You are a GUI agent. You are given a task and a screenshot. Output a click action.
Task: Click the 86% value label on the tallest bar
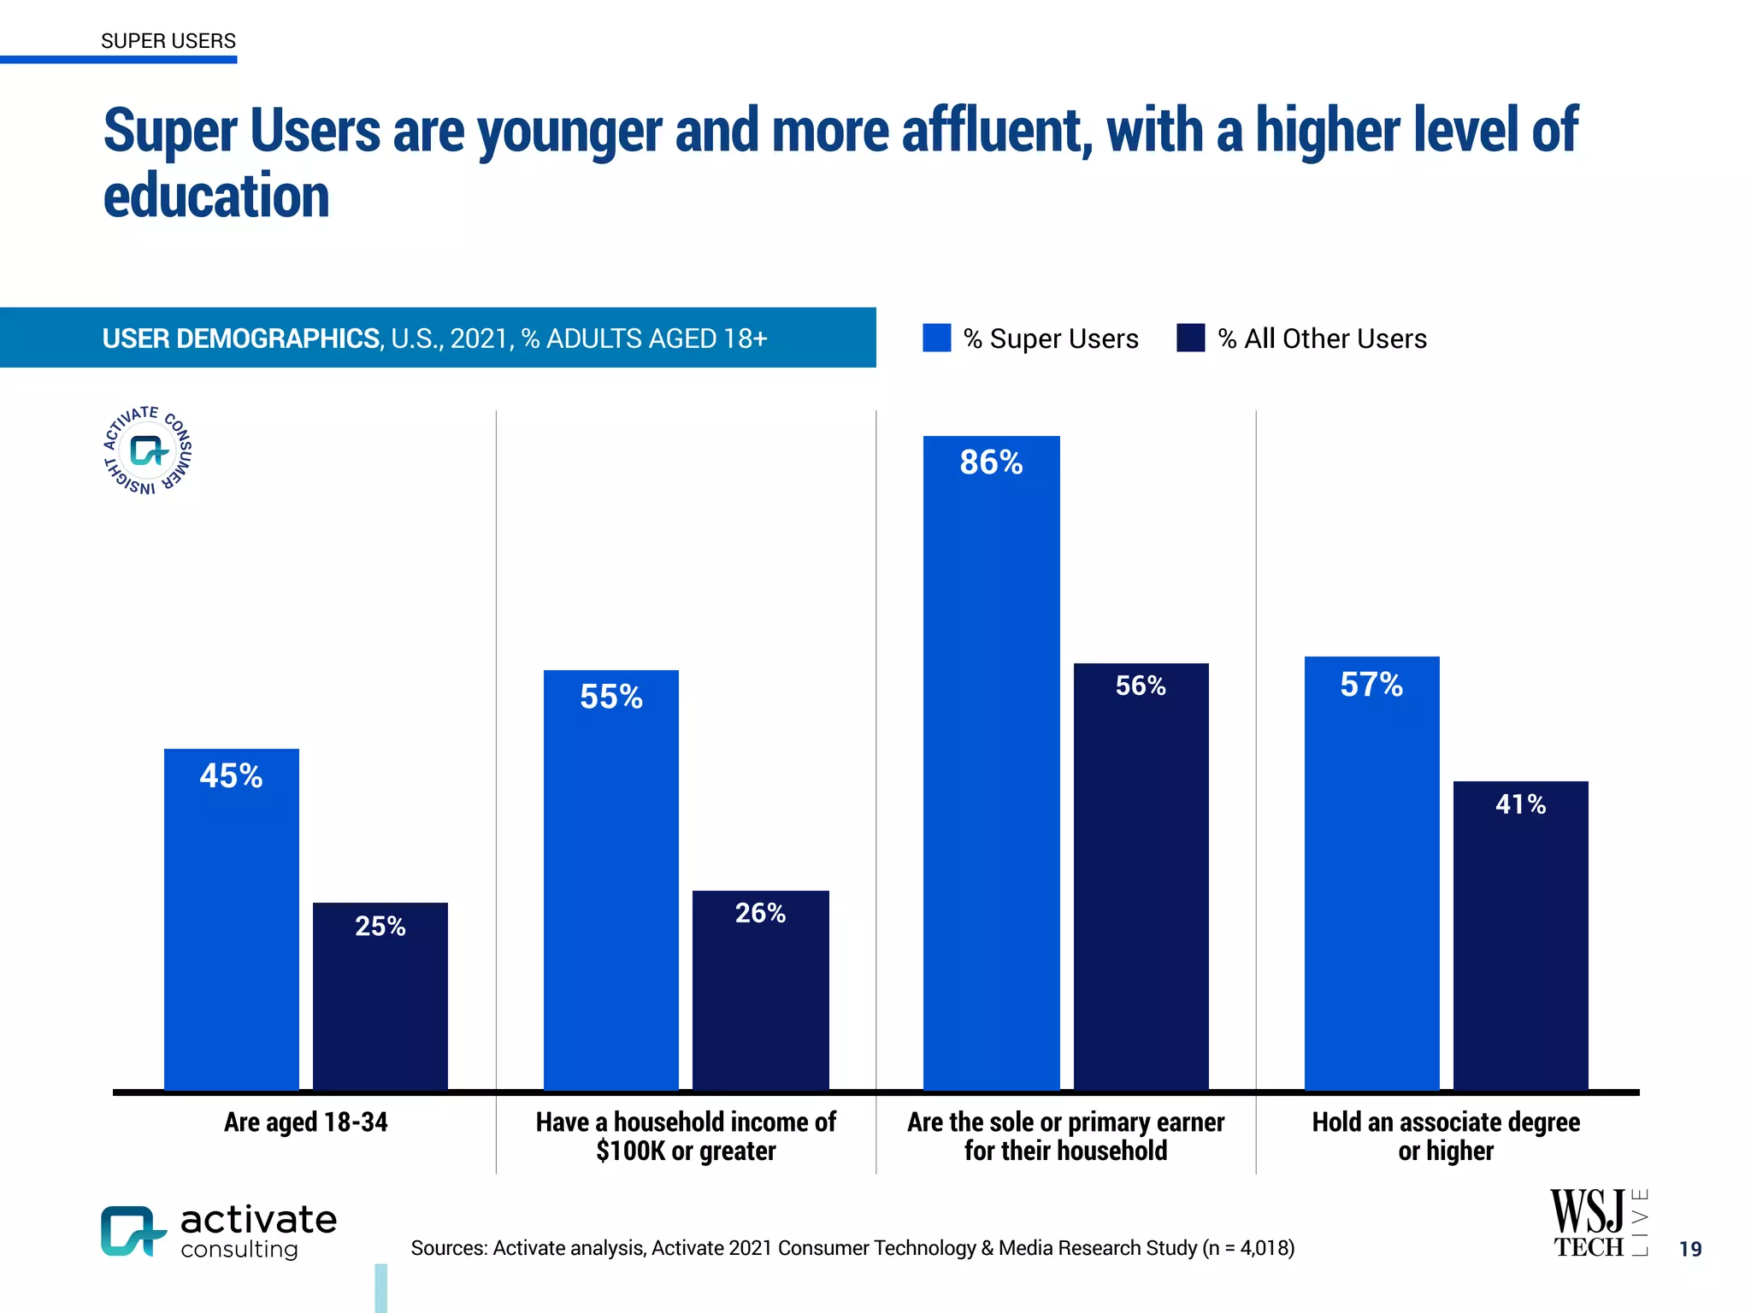(991, 462)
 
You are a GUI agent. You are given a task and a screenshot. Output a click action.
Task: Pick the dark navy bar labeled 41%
(1520, 940)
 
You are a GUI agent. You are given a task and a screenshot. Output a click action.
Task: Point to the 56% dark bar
(1141, 880)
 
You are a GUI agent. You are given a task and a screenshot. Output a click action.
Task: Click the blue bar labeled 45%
(231, 923)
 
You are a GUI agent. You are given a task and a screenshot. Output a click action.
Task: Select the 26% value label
(760, 913)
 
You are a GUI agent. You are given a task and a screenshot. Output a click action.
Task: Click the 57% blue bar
(1371, 880)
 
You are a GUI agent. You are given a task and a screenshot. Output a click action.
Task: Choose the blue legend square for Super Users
(936, 338)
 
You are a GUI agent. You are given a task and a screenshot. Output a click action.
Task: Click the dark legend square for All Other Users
(1190, 338)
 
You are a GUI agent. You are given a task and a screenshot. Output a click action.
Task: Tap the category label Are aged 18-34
(305, 1122)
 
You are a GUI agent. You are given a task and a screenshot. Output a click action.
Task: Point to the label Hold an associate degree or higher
(1446, 1136)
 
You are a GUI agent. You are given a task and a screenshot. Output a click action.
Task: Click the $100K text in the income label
(630, 1151)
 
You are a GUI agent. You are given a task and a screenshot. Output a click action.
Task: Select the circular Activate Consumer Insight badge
(148, 450)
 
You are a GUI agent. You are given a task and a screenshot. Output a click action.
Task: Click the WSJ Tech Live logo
(1598, 1223)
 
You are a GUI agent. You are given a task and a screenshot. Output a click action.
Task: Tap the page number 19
(1689, 1249)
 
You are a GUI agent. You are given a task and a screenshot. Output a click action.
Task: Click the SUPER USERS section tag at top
(168, 41)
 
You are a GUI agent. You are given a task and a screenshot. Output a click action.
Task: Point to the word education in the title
(216, 196)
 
